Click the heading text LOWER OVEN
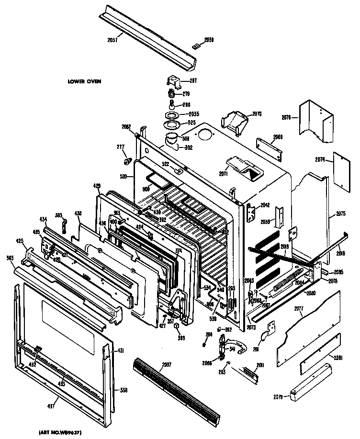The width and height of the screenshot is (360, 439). (84, 81)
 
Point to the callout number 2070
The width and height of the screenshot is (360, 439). (257, 114)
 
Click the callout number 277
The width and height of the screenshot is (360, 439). (121, 147)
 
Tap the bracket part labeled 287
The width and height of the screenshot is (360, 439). (173, 81)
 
